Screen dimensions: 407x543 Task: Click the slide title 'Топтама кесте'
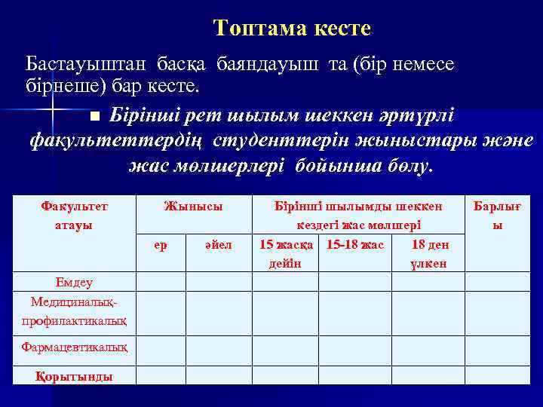292,29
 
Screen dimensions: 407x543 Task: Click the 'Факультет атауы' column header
74,215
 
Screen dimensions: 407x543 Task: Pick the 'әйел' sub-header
218,244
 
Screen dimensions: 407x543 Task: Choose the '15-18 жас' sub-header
355,244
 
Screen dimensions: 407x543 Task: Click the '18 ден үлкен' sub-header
428,253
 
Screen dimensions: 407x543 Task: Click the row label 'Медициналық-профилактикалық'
74,311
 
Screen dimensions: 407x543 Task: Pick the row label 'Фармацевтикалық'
74,348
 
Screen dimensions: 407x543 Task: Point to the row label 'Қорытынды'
74,376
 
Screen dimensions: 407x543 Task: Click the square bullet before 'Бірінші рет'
94,118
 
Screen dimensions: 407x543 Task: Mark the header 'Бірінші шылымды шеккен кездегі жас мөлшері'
357,215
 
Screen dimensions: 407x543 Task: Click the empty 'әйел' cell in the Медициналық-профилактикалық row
218,313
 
